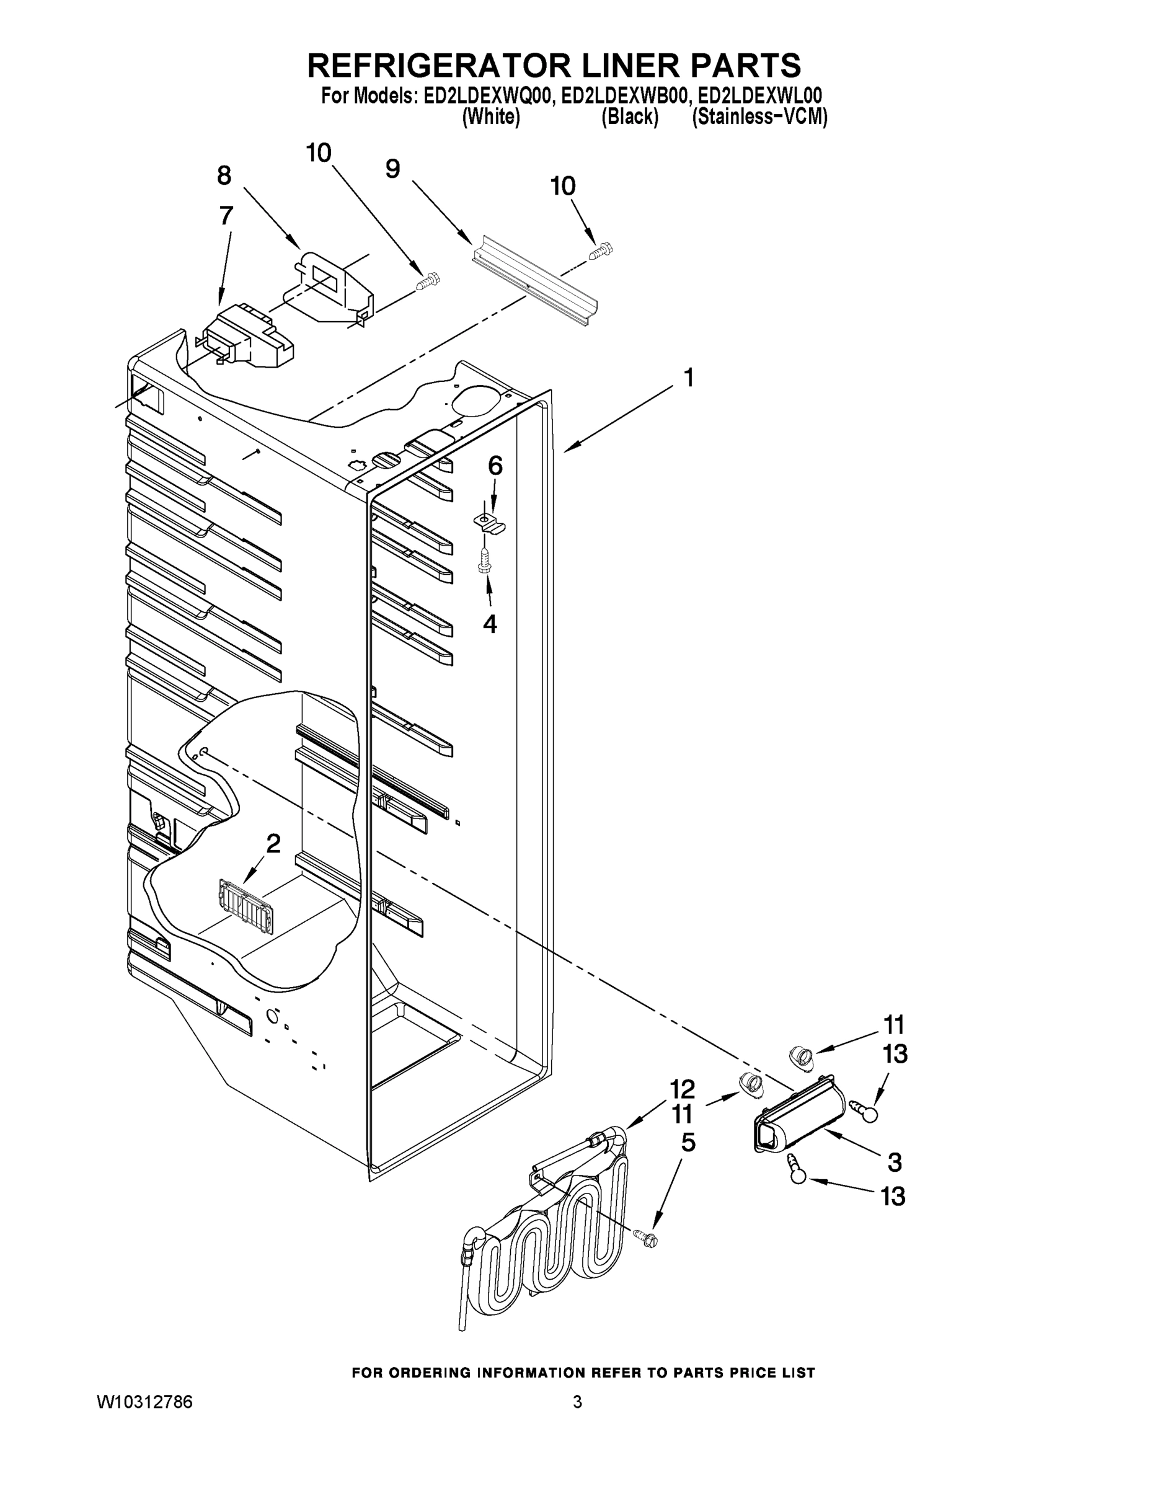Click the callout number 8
(224, 176)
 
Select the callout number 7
(226, 215)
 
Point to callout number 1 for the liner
(689, 377)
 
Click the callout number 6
(495, 466)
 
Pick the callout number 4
(490, 623)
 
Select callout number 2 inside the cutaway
(273, 844)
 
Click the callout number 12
(681, 1089)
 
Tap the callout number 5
(688, 1143)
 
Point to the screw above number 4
(485, 559)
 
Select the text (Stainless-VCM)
(759, 117)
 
